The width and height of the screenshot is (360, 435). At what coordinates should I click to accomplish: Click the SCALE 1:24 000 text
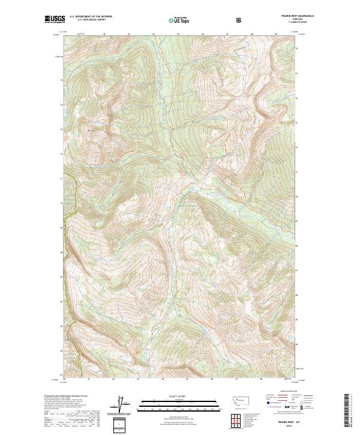pos(180,394)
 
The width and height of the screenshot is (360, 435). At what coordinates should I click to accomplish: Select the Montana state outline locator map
pos(233,399)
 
